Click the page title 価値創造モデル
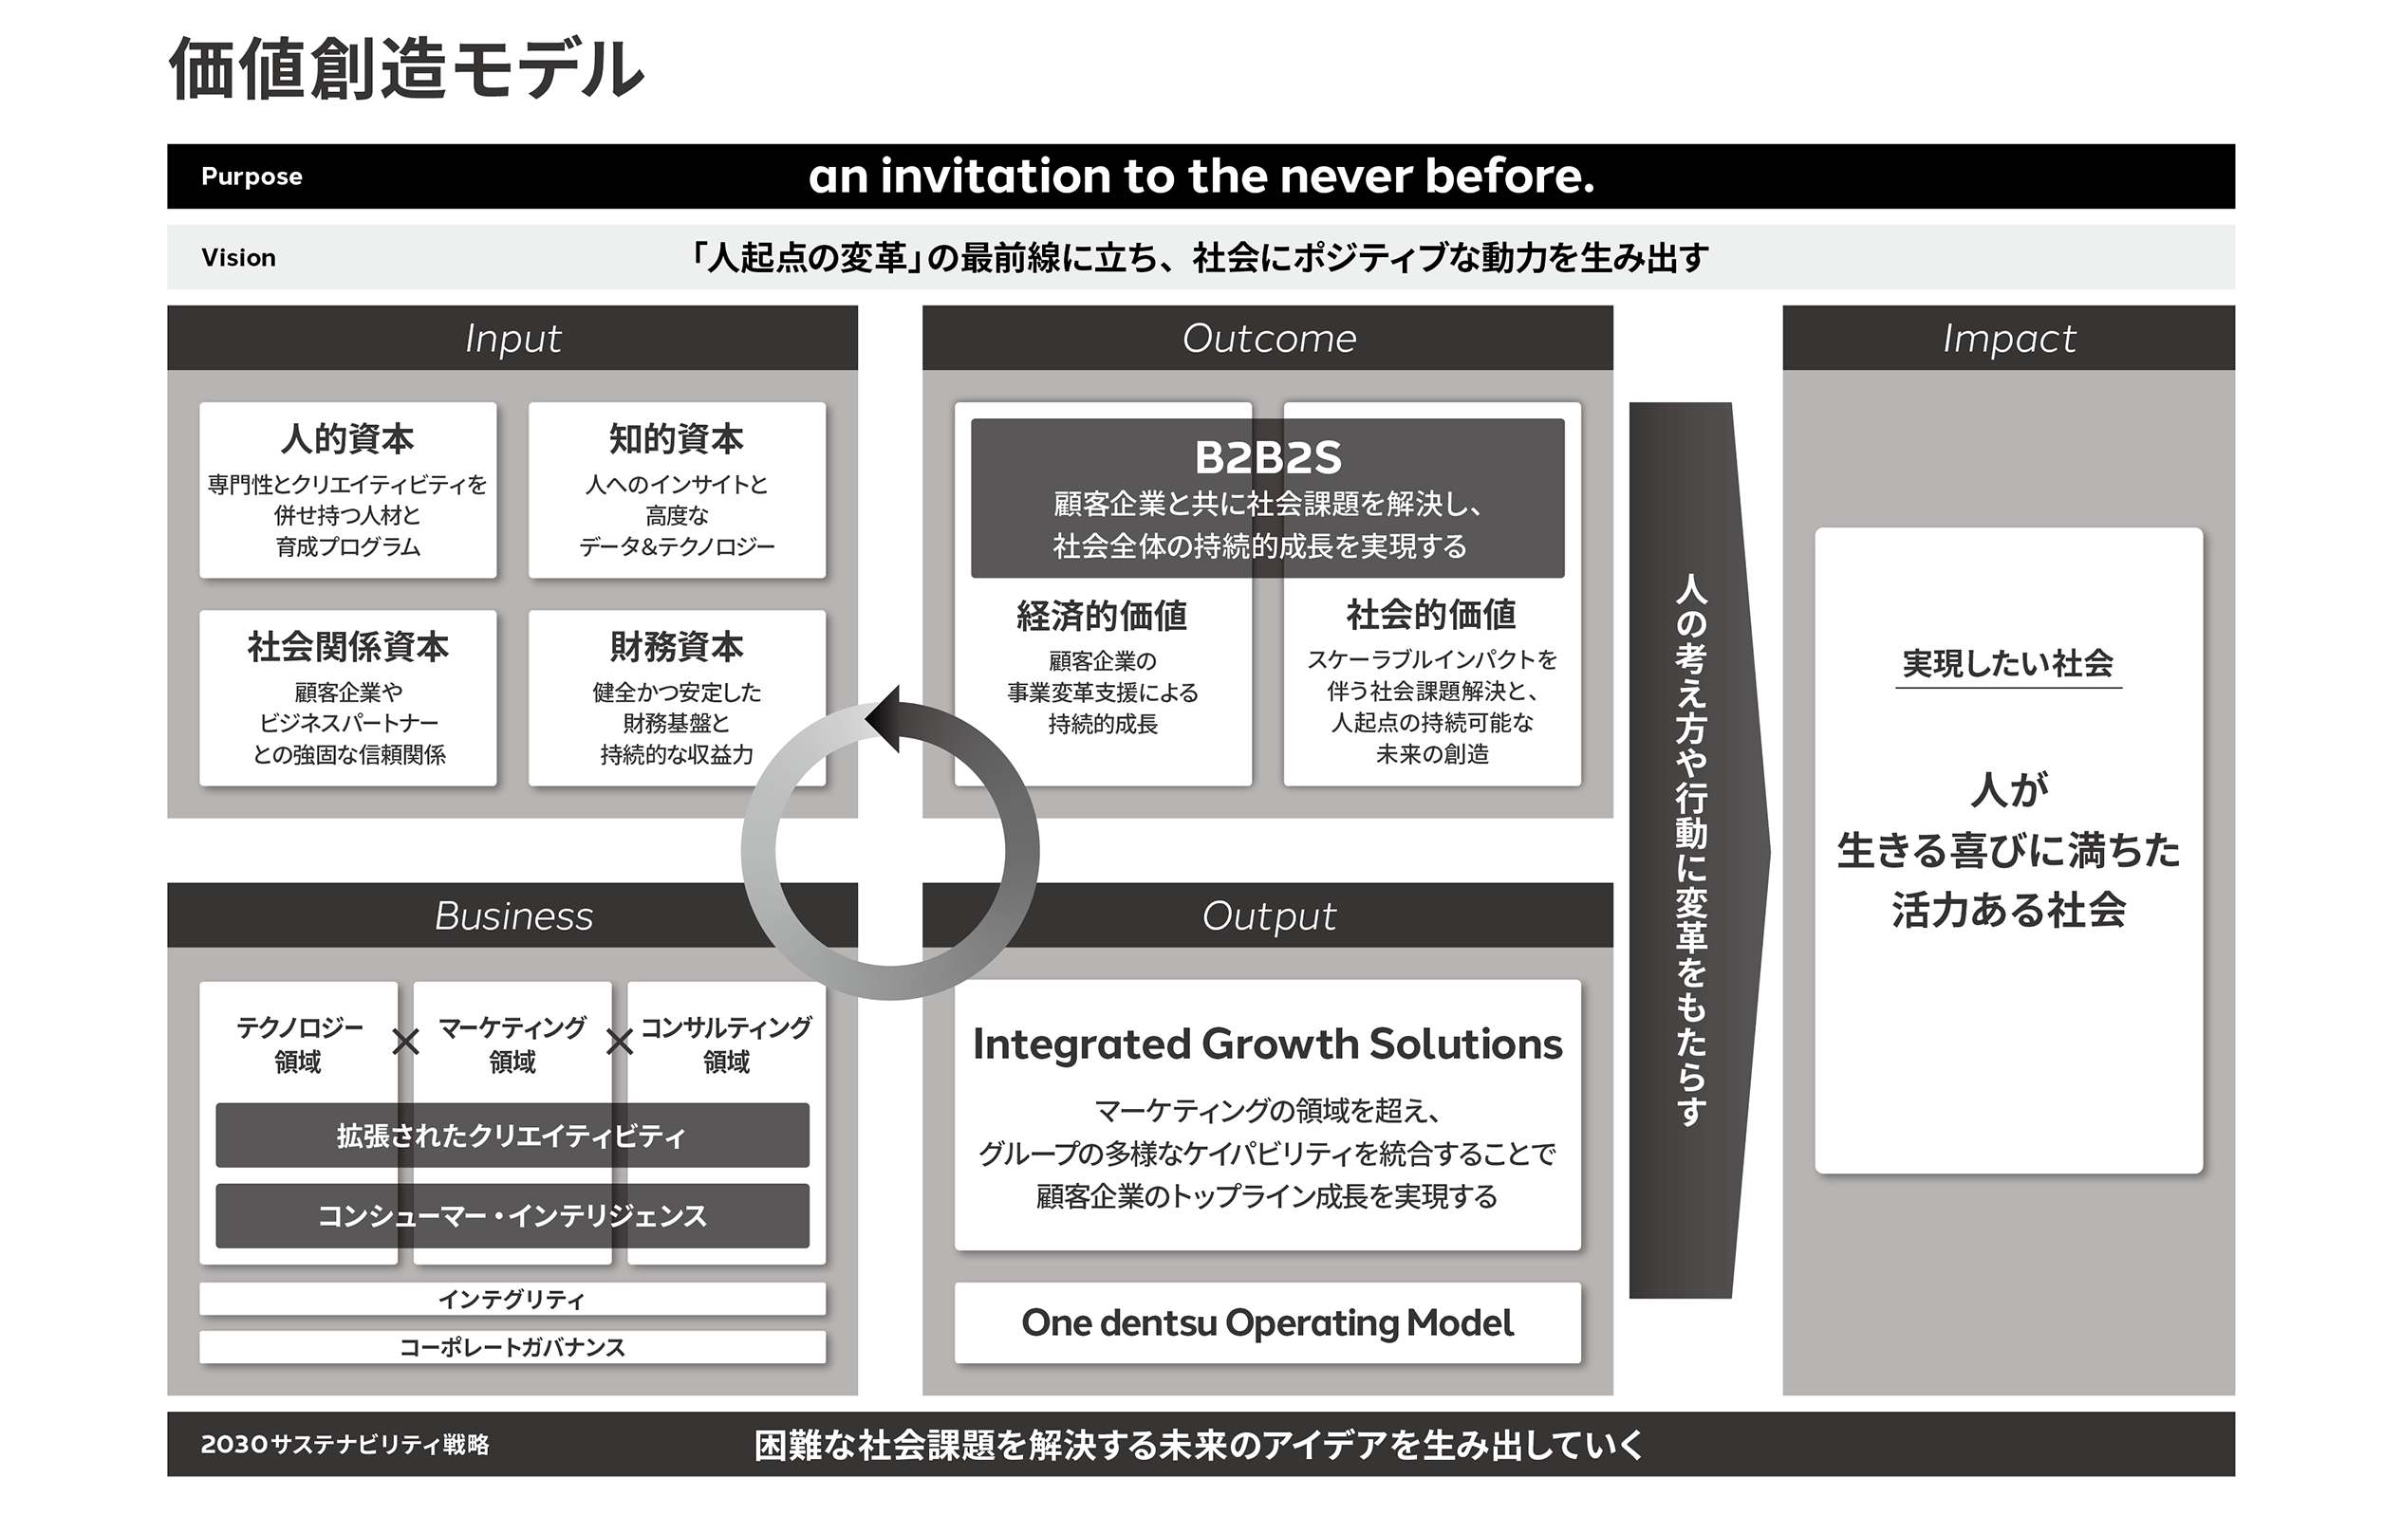point(406,71)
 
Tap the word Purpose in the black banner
point(251,176)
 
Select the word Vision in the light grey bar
point(238,257)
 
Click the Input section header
point(512,339)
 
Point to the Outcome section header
point(1269,339)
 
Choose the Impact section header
point(2009,339)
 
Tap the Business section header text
point(513,915)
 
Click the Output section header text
point(1269,915)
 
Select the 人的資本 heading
point(347,439)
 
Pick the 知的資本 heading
point(677,439)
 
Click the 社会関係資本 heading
point(347,647)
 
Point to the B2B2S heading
point(1268,458)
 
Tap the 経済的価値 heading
point(1102,617)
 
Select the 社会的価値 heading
point(1431,615)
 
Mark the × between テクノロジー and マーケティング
point(405,1044)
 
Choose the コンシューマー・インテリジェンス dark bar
point(512,1216)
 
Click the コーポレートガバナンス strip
point(512,1347)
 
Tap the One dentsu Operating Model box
point(1268,1323)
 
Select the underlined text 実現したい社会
point(2008,664)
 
